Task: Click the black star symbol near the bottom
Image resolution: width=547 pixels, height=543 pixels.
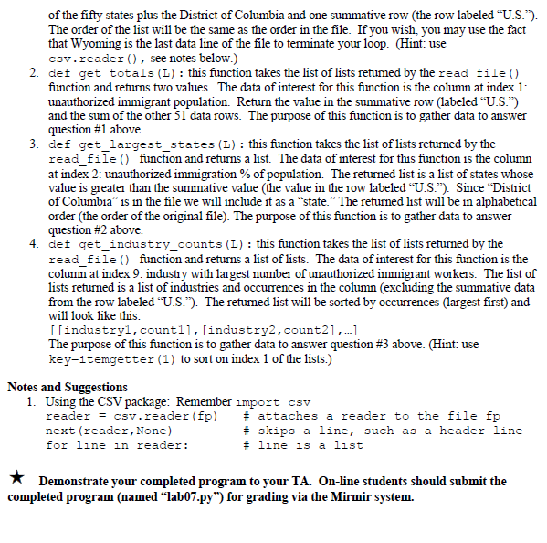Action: click(x=14, y=481)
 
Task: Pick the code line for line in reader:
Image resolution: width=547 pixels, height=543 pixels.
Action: click(x=115, y=445)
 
